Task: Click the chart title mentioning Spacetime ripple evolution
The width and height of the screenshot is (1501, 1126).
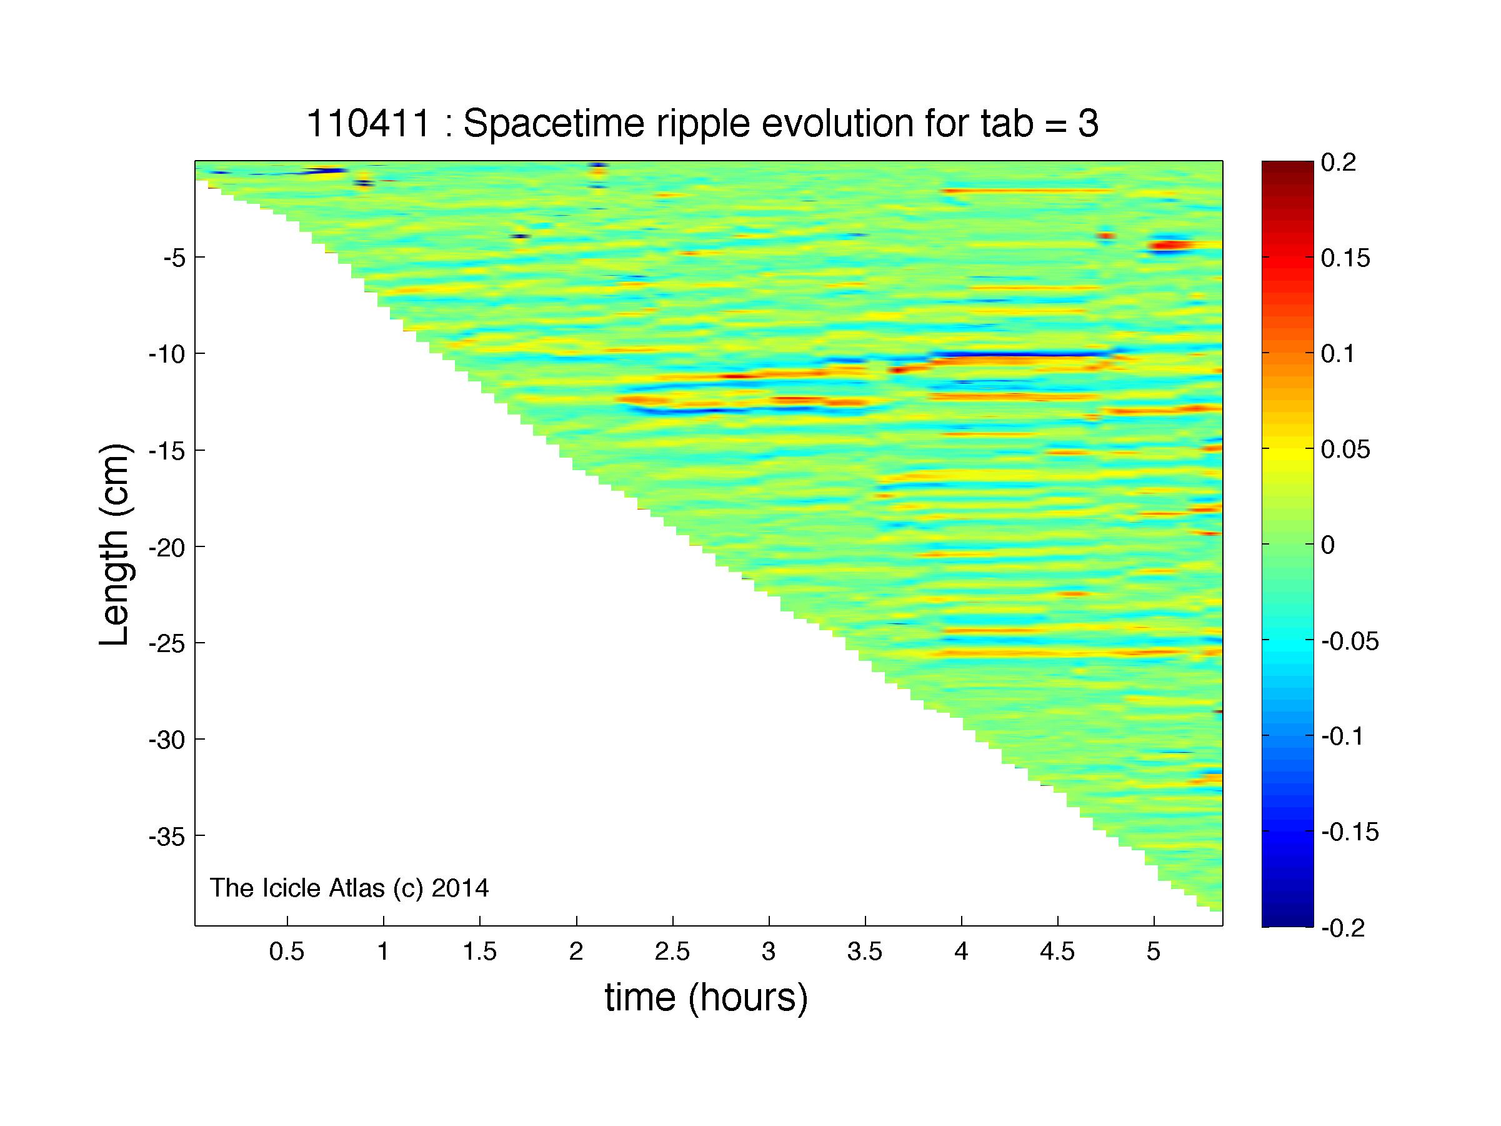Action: pos(702,124)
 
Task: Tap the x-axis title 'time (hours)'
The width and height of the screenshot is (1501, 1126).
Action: pos(706,998)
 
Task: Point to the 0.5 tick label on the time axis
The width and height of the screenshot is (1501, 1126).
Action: pos(286,952)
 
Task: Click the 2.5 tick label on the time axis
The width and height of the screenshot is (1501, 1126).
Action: pos(672,952)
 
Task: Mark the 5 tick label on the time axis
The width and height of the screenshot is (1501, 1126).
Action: pos(1154,952)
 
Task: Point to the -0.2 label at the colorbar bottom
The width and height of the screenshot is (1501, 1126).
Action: pos(1343,928)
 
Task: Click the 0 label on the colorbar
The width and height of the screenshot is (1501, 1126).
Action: pos(1329,545)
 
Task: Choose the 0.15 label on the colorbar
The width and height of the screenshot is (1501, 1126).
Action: pos(1345,258)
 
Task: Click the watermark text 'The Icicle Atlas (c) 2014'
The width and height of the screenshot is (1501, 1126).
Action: pos(349,888)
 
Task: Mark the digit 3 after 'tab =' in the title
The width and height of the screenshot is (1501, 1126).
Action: pos(1089,124)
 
